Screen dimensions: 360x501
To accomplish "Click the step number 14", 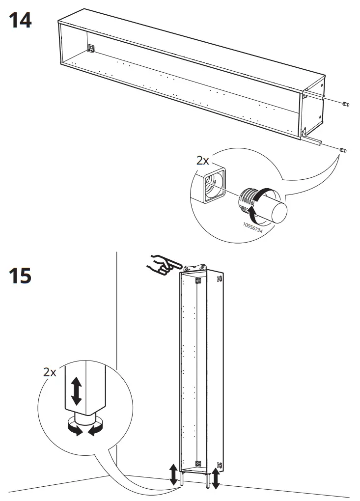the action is pyautogui.click(x=20, y=20).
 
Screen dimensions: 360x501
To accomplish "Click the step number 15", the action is pyautogui.click(x=20, y=276).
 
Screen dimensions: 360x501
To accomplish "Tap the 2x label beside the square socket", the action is pyautogui.click(x=202, y=161).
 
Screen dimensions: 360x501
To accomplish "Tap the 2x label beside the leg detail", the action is pyautogui.click(x=50, y=372).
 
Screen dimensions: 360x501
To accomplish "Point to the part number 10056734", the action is pyautogui.click(x=252, y=227).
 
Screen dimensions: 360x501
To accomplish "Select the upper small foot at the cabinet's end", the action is pyautogui.click(x=345, y=104).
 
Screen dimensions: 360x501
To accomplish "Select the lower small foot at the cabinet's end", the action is pyautogui.click(x=343, y=150).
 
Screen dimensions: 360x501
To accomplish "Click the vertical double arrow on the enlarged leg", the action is pyautogui.click(x=76, y=391).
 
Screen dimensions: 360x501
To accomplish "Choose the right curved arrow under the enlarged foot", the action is pyautogui.click(x=96, y=428).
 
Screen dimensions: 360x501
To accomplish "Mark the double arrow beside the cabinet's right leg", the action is pyautogui.click(x=216, y=478).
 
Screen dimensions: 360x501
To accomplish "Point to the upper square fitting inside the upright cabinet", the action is pyautogui.click(x=198, y=281).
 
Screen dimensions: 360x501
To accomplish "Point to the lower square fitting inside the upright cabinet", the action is pyautogui.click(x=198, y=463).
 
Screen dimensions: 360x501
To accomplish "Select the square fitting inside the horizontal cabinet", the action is pyautogui.click(x=92, y=48).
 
